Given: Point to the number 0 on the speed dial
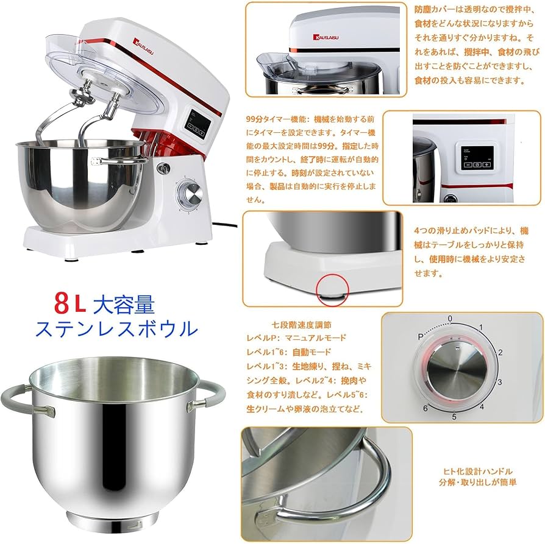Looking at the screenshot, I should click(x=450, y=319).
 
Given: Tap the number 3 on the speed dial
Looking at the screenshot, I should click(x=499, y=382).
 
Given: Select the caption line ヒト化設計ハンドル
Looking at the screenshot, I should click(x=477, y=471).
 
